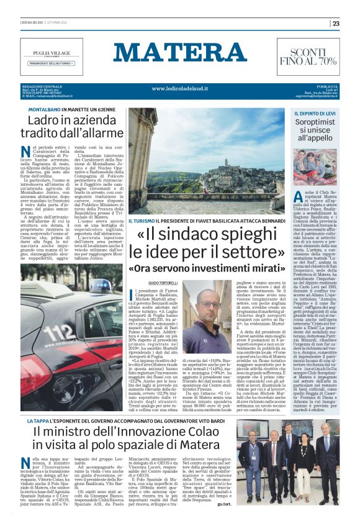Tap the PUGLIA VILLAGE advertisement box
(x=51, y=56)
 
